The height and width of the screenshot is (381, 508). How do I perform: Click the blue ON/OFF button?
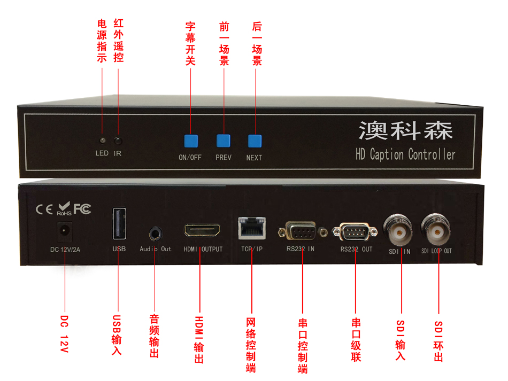tap(191, 141)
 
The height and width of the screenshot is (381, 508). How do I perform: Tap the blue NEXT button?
tap(255, 141)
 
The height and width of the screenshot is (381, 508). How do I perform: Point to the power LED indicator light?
tap(102, 141)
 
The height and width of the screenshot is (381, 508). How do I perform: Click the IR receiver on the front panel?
tap(118, 141)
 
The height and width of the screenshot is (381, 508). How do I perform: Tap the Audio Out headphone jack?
tap(155, 234)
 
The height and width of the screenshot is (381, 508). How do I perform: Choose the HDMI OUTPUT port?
tap(202, 232)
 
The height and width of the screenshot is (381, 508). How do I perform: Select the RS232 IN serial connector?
tap(302, 232)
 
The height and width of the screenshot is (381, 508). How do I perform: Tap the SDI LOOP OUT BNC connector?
tap(437, 229)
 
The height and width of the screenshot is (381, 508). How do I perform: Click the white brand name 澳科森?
tap(406, 130)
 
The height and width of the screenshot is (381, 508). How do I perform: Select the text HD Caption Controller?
tap(405, 155)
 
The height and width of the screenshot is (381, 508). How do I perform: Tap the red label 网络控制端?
tap(250, 345)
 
